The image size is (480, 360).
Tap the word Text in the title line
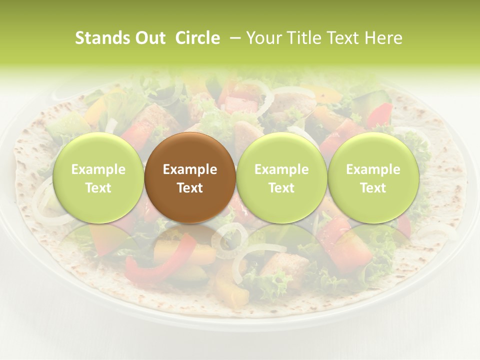[x=344, y=38]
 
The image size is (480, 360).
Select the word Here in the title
[x=384, y=38]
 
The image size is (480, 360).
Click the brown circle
[x=190, y=177]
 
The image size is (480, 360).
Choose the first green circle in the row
[x=98, y=177]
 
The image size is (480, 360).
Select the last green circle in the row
[x=373, y=177]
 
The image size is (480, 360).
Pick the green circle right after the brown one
[x=281, y=177]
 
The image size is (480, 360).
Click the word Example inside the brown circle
[x=190, y=169]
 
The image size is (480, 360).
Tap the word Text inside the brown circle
[x=190, y=188]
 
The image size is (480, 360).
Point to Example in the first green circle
[x=98, y=169]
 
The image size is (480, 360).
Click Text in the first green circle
[x=98, y=188]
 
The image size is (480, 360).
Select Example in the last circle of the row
[x=373, y=169]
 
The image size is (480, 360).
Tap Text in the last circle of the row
[x=373, y=188]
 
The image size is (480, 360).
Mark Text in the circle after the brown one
[x=281, y=188]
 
